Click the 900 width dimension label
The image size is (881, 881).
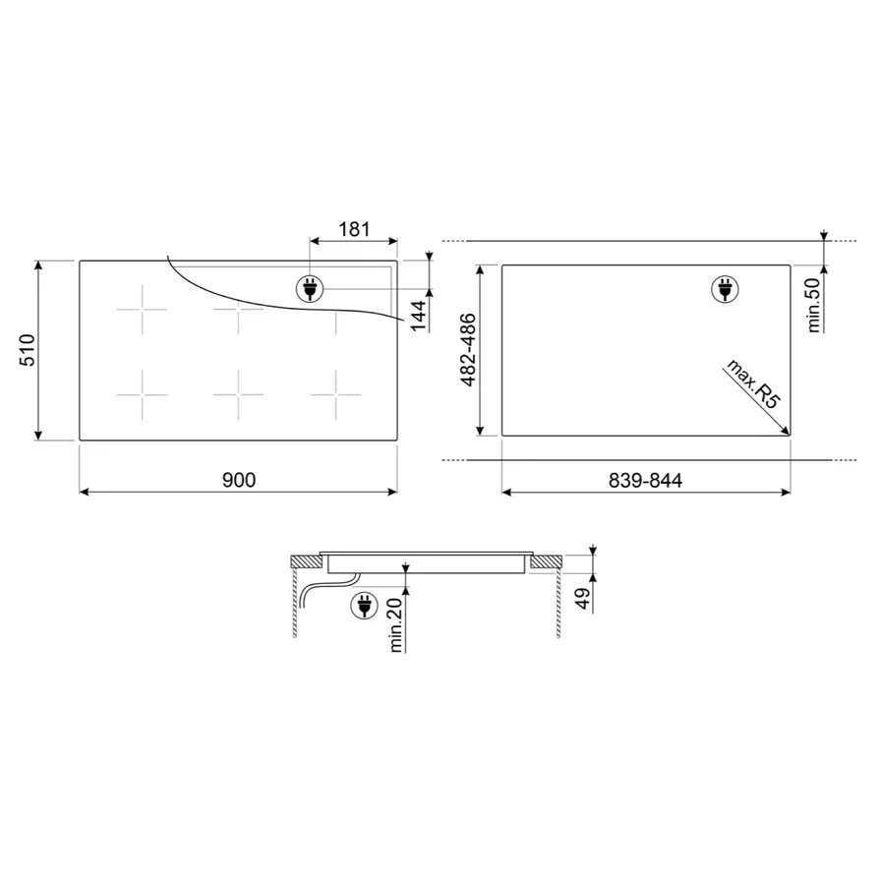tap(238, 480)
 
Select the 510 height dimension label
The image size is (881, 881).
tap(28, 351)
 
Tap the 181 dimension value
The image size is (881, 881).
tap(353, 229)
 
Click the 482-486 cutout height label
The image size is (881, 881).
tap(469, 350)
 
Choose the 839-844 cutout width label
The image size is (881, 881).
tap(645, 480)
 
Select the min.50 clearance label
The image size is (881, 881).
tap(813, 305)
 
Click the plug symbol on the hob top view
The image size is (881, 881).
tap(309, 288)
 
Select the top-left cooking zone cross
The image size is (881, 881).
tap(142, 310)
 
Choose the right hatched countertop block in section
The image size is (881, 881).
tap(545, 562)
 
